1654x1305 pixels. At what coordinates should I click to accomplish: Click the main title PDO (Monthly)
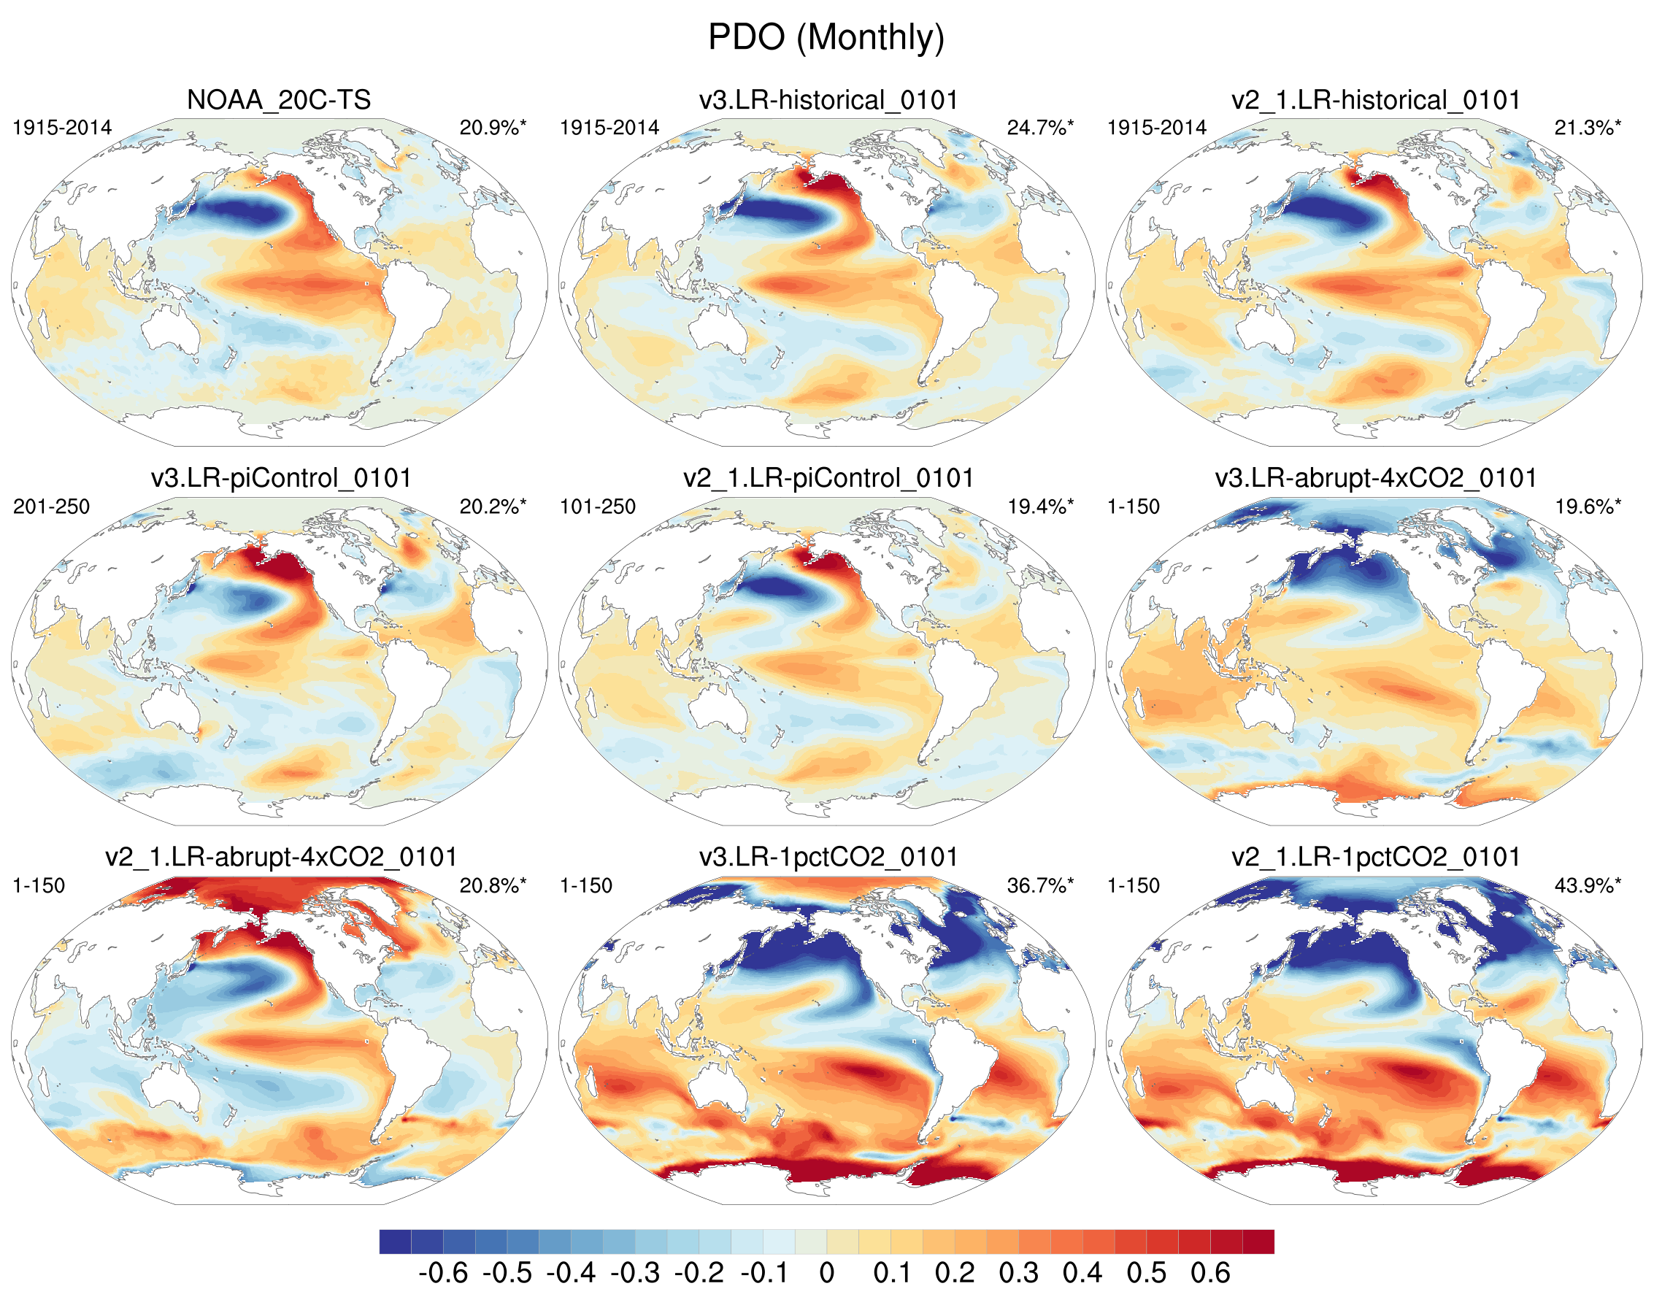[x=826, y=36]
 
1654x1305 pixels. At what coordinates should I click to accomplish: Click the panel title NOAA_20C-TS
[x=279, y=100]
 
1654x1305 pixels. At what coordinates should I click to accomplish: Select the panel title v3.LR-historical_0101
[x=828, y=100]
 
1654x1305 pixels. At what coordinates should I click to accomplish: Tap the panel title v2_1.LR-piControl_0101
[x=828, y=478]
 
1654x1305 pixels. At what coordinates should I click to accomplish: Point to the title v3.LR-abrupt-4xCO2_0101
[x=1375, y=478]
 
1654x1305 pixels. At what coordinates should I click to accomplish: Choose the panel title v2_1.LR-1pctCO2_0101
[x=1375, y=857]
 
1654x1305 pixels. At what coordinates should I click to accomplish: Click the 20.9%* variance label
[x=493, y=128]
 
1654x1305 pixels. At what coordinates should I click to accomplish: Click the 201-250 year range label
[x=51, y=507]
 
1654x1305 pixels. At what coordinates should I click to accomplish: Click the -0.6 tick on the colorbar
[x=443, y=1273]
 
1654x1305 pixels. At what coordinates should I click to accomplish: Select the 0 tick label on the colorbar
[x=826, y=1273]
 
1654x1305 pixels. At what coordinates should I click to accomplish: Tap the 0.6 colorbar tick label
[x=1210, y=1273]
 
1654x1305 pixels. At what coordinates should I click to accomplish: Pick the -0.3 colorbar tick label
[x=635, y=1273]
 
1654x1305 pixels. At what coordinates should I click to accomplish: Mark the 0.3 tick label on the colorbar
[x=1018, y=1273]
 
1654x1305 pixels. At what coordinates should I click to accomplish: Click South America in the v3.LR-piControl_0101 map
[x=405, y=688]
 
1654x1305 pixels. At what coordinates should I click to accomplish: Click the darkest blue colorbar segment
[x=395, y=1242]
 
